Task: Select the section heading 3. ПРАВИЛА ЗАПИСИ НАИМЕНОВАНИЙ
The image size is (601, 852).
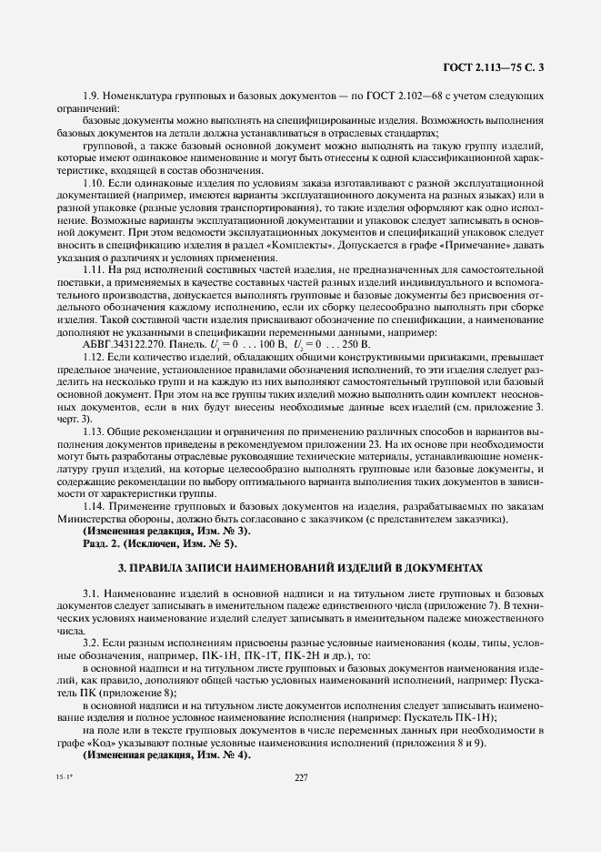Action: click(300, 568)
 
